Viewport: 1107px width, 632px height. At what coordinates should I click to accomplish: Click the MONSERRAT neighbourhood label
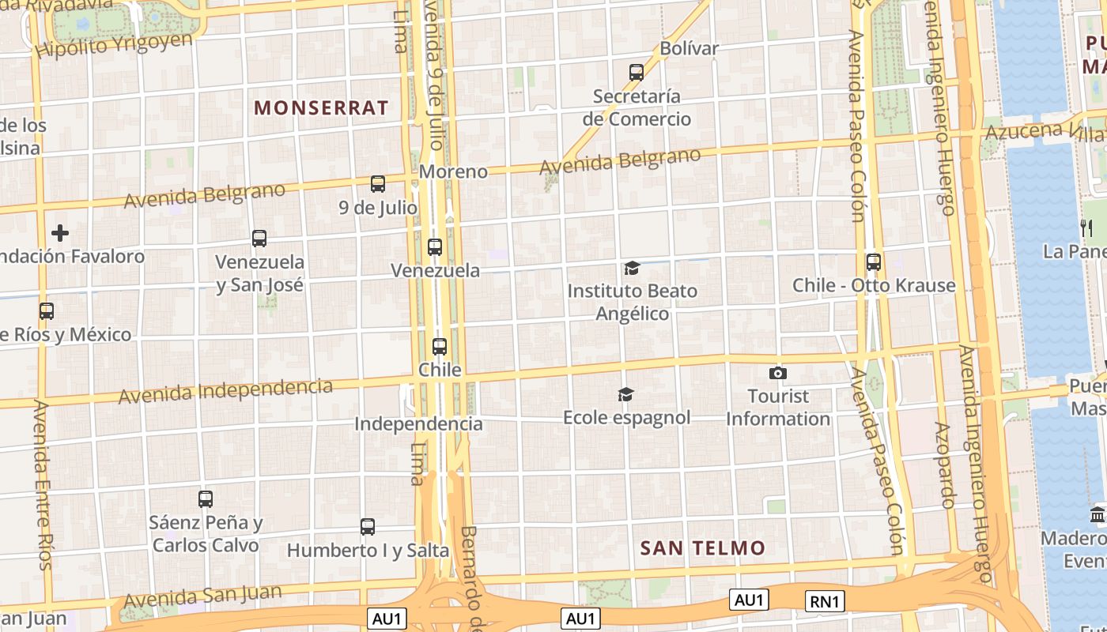tap(321, 108)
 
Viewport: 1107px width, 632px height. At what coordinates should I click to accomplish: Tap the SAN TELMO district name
tap(703, 547)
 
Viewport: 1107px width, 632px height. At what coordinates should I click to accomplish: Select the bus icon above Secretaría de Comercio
tap(637, 73)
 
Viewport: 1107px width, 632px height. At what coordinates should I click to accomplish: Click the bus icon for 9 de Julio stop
tap(378, 184)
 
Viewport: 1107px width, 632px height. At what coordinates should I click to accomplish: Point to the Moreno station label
tap(453, 171)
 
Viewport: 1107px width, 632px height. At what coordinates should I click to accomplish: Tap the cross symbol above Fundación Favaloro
tap(60, 233)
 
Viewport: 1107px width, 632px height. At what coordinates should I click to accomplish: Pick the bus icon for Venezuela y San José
tap(259, 239)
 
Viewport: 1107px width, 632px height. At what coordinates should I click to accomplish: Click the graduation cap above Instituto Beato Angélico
tap(632, 269)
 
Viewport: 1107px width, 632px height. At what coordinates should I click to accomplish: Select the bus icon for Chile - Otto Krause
tap(874, 262)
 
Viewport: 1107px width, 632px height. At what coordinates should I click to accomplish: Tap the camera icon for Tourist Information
tap(778, 373)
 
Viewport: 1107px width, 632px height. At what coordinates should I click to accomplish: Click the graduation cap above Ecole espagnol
tap(626, 394)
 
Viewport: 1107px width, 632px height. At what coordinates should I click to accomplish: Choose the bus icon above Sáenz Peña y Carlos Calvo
tap(206, 499)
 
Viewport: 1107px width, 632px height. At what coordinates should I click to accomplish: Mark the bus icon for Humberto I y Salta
tap(368, 527)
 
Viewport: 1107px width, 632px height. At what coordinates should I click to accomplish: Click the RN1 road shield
tap(825, 602)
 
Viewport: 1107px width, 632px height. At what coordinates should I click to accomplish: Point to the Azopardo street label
tap(944, 465)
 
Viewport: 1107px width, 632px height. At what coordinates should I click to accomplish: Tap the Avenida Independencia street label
tap(225, 391)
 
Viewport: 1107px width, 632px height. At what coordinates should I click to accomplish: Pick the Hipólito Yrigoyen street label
tap(115, 45)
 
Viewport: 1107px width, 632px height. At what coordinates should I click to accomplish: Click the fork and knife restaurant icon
tap(1086, 228)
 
